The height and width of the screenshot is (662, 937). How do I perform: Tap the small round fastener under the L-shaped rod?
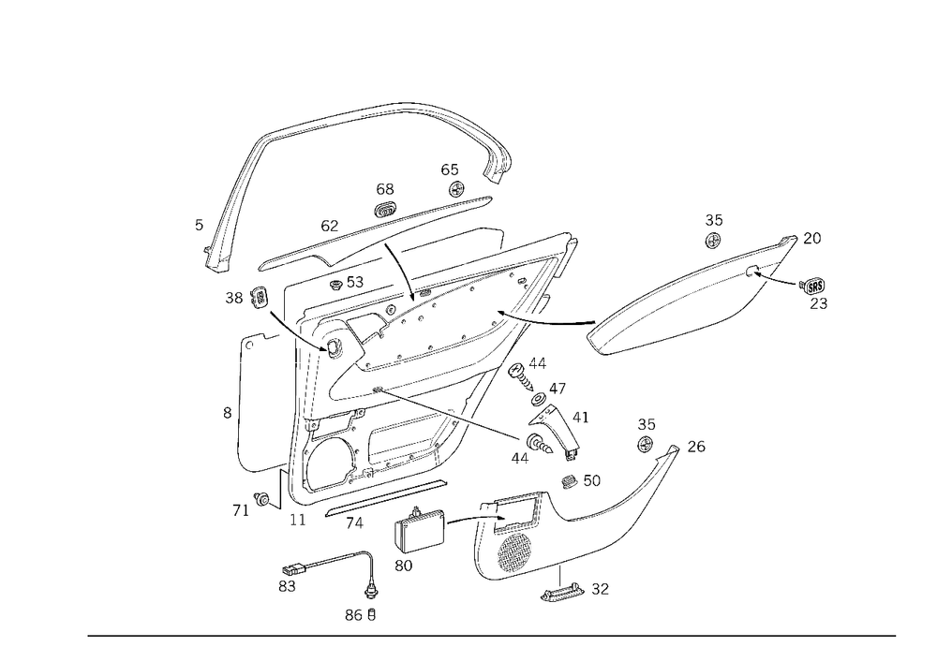click(372, 591)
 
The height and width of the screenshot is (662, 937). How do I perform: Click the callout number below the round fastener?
click(361, 615)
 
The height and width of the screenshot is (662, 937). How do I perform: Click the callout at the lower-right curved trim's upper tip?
click(696, 447)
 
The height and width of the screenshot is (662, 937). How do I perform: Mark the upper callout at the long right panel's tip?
click(813, 241)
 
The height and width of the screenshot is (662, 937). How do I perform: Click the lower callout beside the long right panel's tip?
click(817, 290)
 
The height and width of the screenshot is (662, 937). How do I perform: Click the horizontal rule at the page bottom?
click(492, 635)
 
